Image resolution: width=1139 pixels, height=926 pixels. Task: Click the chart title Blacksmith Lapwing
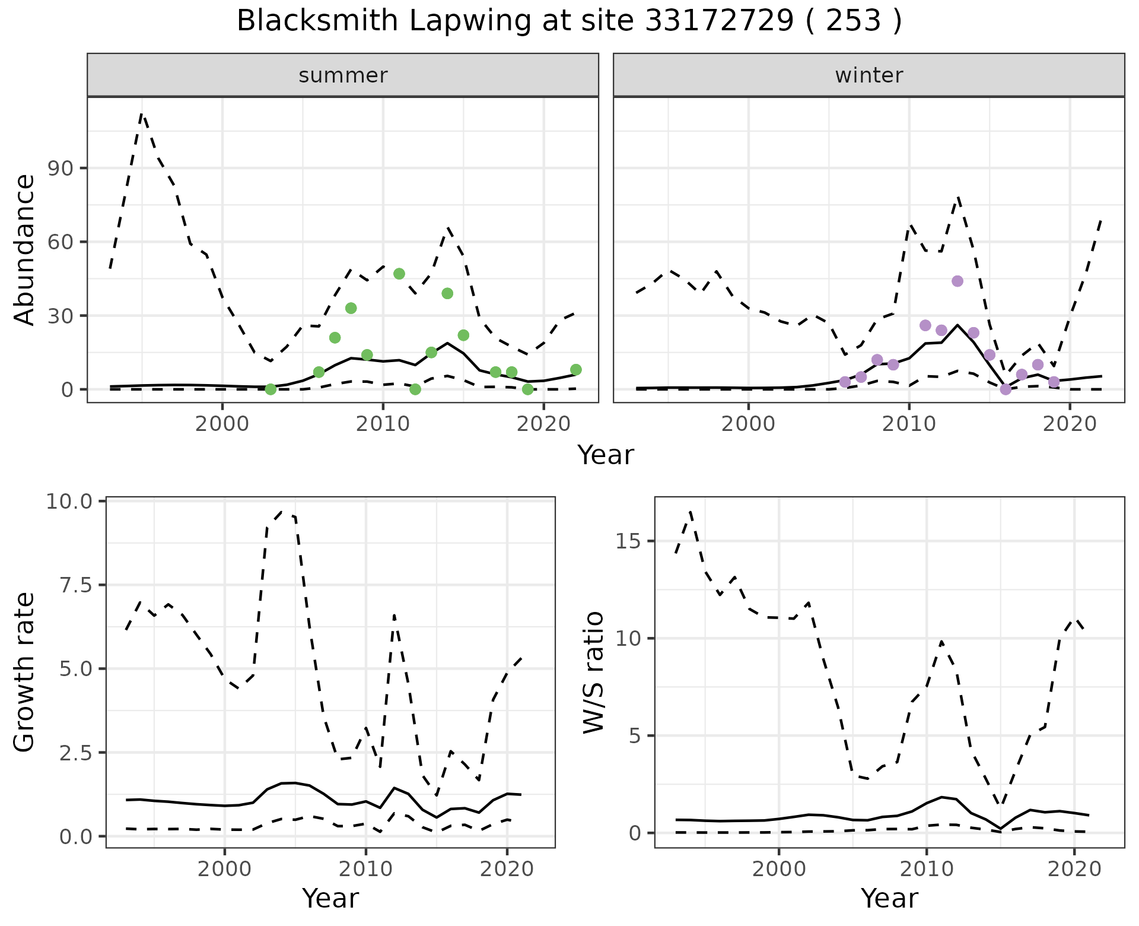point(568,21)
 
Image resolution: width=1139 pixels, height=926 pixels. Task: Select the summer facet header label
point(343,75)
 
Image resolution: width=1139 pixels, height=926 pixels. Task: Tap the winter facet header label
point(868,75)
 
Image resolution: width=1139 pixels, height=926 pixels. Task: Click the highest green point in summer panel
point(399,274)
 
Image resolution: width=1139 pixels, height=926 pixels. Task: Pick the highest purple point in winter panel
point(957,281)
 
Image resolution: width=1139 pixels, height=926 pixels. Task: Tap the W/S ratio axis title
point(594,672)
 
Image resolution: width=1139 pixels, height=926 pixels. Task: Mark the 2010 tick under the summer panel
point(383,424)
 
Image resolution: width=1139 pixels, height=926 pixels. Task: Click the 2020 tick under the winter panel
point(1070,424)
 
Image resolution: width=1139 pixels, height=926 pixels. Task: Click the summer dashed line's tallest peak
point(142,114)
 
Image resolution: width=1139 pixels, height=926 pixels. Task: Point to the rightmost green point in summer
point(575,370)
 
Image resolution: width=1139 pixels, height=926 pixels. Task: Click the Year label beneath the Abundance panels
point(606,455)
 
